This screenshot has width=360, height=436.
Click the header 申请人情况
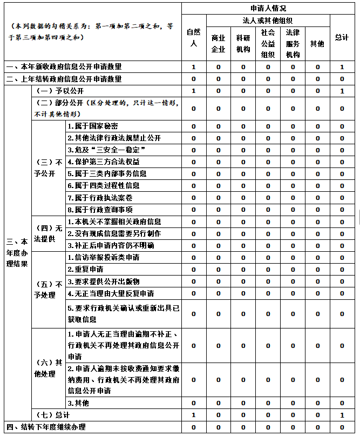(268, 8)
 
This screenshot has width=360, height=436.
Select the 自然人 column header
(193, 37)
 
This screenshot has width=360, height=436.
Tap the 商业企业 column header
(219, 43)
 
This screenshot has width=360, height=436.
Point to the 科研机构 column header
(243, 43)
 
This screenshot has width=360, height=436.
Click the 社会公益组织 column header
(268, 43)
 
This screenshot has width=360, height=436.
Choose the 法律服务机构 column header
(293, 43)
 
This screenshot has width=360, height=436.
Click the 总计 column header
(342, 37)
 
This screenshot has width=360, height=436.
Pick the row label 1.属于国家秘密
(92, 126)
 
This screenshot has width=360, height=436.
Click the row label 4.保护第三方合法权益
(103, 162)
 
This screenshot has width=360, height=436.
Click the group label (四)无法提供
(48, 233)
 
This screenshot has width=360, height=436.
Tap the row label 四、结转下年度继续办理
(46, 427)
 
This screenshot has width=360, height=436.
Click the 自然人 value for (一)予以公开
(193, 91)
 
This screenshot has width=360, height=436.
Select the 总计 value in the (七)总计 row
(342, 415)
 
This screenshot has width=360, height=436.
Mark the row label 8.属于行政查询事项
(100, 210)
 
